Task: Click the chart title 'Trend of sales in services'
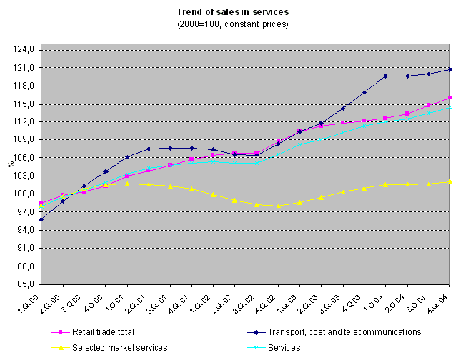pos(232,12)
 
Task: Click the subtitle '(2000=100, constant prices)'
pos(232,24)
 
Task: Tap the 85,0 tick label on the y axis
pos(26,284)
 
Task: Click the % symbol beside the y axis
pos(10,164)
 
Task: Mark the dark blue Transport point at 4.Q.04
pos(449,69)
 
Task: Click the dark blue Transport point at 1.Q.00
pos(41,219)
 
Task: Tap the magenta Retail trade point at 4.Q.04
pos(449,98)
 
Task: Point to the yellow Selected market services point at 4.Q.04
pos(449,181)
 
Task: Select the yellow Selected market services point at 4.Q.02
pos(278,206)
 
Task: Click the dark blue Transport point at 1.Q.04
pos(385,76)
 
